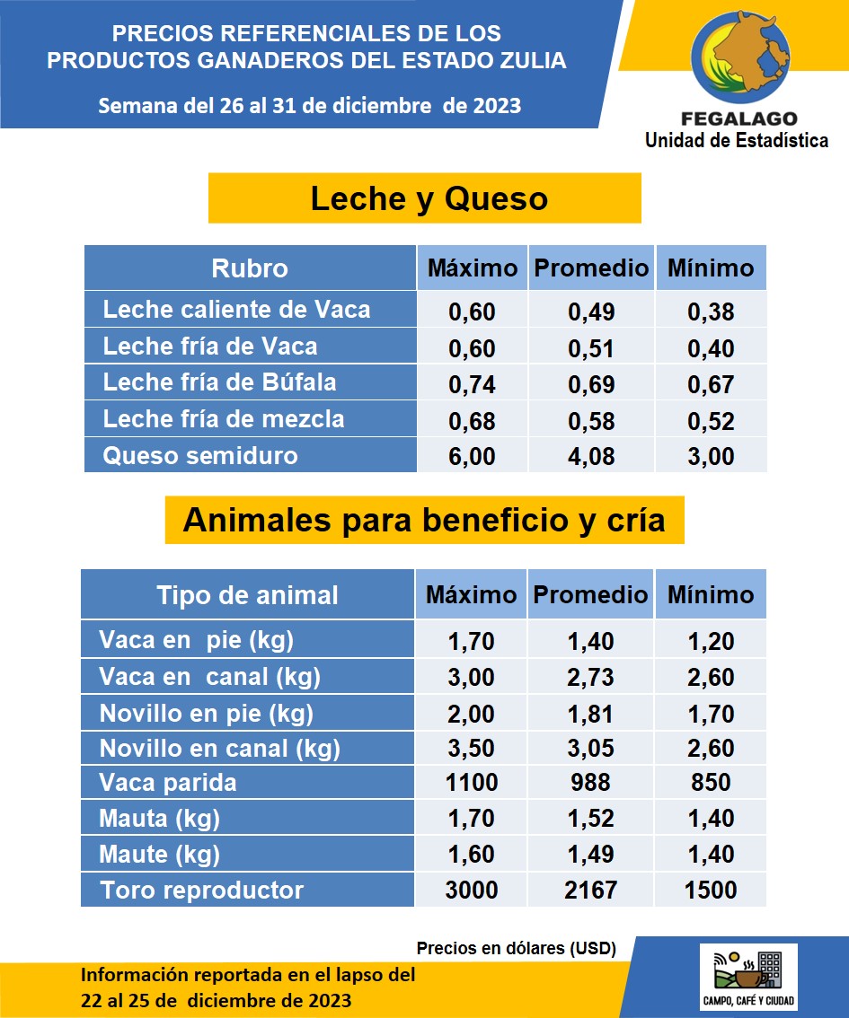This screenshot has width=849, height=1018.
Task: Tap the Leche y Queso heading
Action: pos(429,198)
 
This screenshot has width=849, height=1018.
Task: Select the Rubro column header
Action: pos(250,268)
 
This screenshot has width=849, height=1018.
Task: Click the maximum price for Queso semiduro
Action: pos(472,456)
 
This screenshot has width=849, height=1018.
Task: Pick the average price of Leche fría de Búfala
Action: pos(591,384)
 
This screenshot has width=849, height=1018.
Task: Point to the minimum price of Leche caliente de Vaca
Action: pos(711,312)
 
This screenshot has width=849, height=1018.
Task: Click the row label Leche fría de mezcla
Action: pos(224,419)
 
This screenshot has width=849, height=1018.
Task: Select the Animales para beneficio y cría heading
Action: pos(424,521)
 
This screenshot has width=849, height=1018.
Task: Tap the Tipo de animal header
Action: pos(247,595)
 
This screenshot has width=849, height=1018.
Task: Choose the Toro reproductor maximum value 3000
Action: pos(472,890)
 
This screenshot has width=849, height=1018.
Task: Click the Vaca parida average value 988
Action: pos(590,782)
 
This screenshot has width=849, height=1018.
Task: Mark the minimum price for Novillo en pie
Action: pos(711,715)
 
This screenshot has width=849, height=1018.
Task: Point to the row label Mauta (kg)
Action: pos(159,819)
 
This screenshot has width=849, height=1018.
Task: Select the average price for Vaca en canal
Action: pos(590,678)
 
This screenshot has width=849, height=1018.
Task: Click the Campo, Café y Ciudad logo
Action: pos(748,977)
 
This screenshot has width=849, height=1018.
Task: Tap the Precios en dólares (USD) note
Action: pos(516,948)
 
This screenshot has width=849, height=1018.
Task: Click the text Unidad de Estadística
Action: pos(737,140)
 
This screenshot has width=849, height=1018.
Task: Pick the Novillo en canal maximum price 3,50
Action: pos(472,748)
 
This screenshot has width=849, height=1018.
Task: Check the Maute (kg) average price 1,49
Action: pos(590,854)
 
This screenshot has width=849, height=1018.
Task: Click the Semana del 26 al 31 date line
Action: pos(309,105)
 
